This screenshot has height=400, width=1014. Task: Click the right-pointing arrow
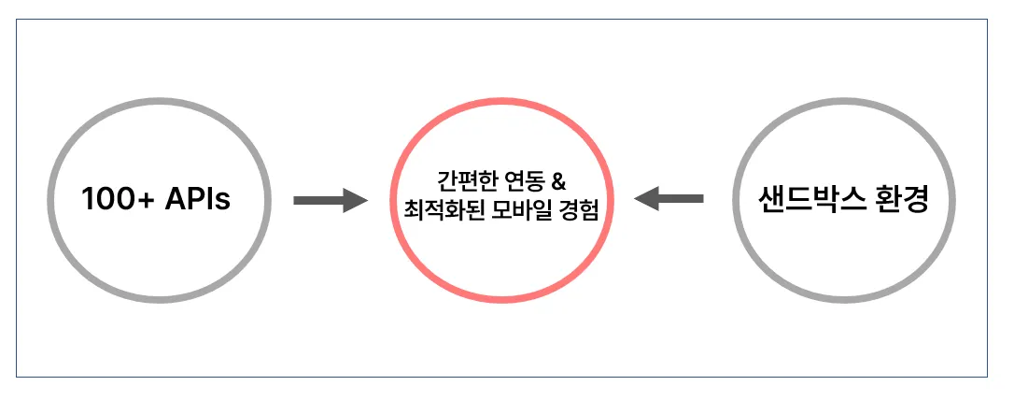(x=330, y=200)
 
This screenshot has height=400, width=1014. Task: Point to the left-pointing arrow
(x=669, y=199)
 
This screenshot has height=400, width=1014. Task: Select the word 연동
(x=516, y=179)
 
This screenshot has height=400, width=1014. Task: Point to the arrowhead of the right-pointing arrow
(x=354, y=200)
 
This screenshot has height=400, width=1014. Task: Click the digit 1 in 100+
(x=88, y=200)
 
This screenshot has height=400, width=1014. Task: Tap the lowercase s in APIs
(x=222, y=202)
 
